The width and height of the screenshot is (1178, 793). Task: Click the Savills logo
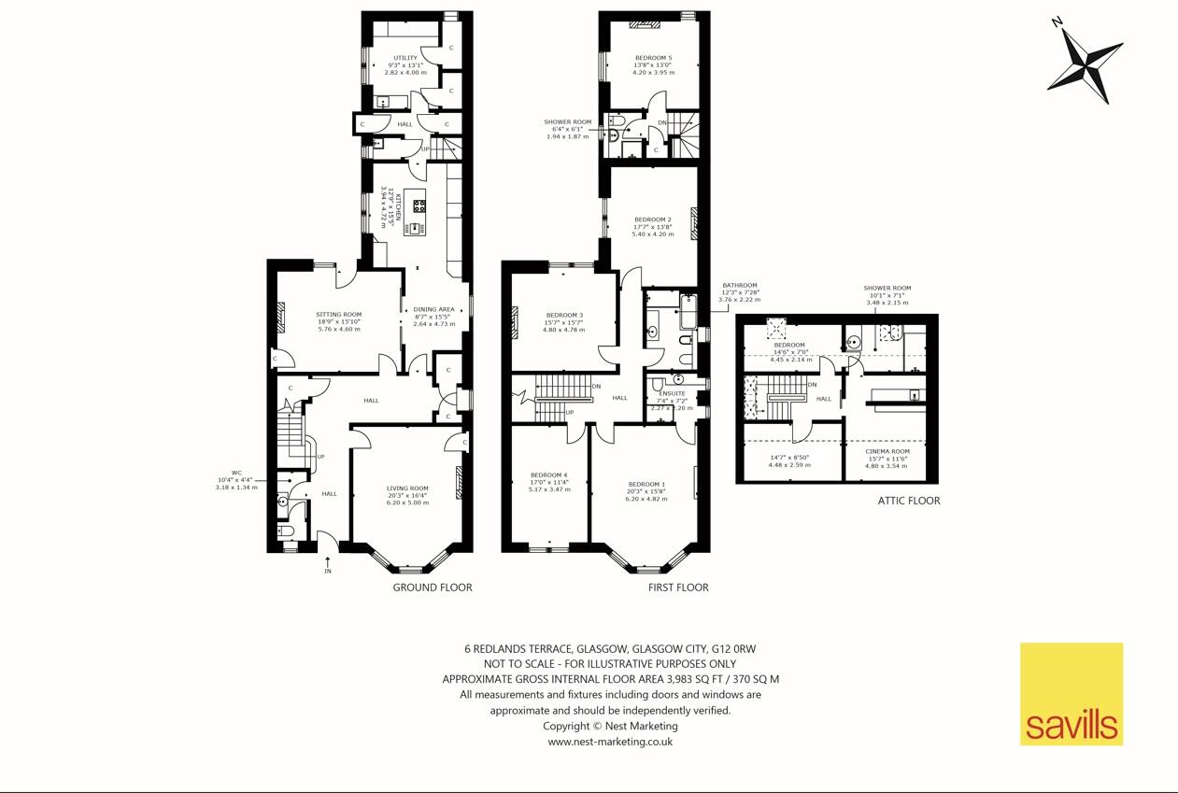point(1071,694)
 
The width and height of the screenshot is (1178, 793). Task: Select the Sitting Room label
point(338,315)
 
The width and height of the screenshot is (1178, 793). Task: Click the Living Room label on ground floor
point(407,489)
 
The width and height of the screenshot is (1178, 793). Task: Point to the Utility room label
point(405,58)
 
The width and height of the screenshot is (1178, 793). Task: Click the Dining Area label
point(433,309)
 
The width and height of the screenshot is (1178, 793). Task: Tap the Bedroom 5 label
point(653,58)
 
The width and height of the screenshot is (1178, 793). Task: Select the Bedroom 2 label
point(653,219)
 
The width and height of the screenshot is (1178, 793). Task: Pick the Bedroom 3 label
point(564,316)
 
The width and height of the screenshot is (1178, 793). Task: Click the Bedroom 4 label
point(548,475)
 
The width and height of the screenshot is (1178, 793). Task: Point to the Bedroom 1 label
point(646,484)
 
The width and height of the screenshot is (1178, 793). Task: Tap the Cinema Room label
point(887,452)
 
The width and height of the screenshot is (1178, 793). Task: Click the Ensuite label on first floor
point(672,394)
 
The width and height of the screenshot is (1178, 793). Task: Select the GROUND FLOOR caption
point(432,588)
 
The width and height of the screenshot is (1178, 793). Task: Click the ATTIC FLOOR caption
point(908,501)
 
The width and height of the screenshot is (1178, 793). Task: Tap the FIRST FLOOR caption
point(678,588)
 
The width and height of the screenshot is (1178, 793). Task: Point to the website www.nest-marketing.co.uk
point(610,742)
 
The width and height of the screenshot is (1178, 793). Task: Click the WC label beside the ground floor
point(236,473)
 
